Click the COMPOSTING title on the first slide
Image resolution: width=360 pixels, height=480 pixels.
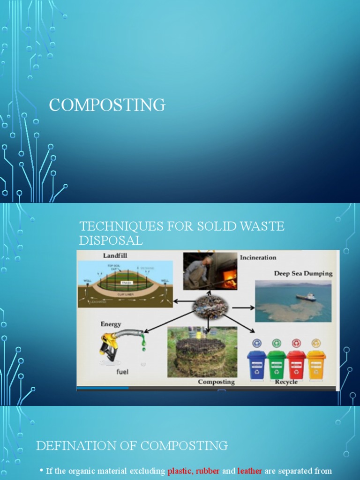[107, 105]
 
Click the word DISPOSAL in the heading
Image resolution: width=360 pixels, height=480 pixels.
[111, 240]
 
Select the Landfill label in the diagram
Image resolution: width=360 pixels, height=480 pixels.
[115, 255]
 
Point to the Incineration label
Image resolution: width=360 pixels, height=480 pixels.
[258, 257]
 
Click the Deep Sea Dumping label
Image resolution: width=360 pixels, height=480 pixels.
[303, 273]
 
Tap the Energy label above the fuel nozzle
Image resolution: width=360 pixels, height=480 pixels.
[111, 324]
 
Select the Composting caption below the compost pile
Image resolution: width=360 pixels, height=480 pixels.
[216, 382]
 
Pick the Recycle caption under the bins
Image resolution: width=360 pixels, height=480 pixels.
[286, 382]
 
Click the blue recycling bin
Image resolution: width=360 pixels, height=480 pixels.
[256, 364]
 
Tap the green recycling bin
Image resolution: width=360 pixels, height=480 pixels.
[277, 364]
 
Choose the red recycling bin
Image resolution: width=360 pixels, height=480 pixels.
[296, 364]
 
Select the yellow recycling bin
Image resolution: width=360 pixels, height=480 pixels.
[316, 364]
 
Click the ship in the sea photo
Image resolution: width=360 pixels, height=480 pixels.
[306, 297]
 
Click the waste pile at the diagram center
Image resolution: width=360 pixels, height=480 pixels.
[210, 307]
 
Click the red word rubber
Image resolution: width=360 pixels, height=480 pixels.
[207, 471]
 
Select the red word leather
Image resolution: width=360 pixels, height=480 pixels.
[249, 471]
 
